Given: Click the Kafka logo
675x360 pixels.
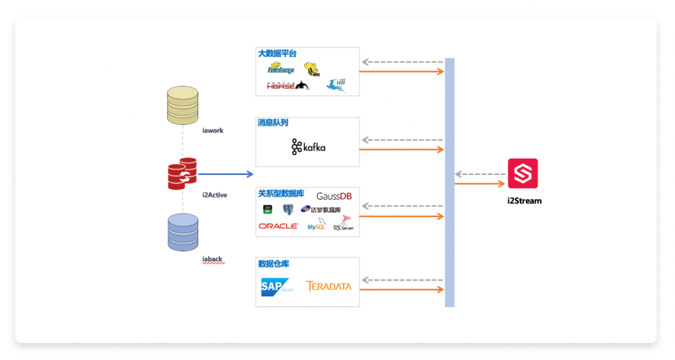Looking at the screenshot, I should [308, 147].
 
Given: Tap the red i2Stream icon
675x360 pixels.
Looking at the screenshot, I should [522, 173].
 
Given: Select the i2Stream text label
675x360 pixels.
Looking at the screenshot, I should [524, 201].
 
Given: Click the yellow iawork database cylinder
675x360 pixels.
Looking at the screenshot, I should [182, 106].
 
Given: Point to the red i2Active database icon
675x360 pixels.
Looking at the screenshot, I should [182, 173].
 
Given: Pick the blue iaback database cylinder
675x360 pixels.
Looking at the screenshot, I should [182, 232].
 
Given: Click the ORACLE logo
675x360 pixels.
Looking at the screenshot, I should [278, 226].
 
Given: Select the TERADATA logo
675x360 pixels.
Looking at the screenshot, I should [329, 286].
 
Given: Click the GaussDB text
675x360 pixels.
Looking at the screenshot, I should [334, 196].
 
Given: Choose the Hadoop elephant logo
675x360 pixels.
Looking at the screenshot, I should [281, 69].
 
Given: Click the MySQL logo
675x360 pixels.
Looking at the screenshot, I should [317, 225].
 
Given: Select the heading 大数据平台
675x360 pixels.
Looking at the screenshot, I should [277, 54].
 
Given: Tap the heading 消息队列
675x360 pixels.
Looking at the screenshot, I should [273, 123].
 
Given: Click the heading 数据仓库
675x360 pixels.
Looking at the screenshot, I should [274, 264].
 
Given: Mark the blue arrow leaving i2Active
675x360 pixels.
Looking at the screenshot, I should [225, 174].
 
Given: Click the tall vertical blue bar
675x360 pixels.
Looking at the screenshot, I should [449, 182].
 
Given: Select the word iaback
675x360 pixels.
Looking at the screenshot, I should [212, 259].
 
